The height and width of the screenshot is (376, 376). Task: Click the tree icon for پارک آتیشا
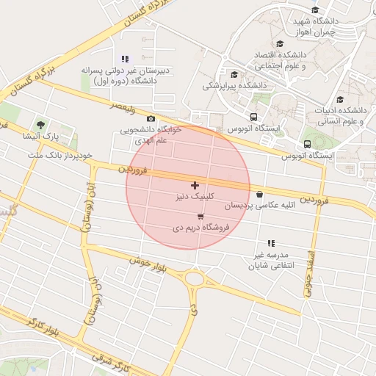coord(40,125)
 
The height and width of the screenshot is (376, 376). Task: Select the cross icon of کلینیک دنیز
coord(195,185)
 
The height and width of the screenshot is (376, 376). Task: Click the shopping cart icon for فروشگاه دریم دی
coord(200,217)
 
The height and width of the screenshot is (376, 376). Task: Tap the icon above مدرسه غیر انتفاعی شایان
coord(271,243)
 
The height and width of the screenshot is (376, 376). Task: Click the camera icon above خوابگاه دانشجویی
coord(151,119)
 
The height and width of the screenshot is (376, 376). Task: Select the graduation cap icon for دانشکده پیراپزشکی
coord(234,74)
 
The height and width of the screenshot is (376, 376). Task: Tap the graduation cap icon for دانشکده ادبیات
coord(339,100)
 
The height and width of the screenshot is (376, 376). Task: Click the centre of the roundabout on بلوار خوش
coord(195,278)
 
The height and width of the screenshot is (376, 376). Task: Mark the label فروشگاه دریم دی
coord(201,228)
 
